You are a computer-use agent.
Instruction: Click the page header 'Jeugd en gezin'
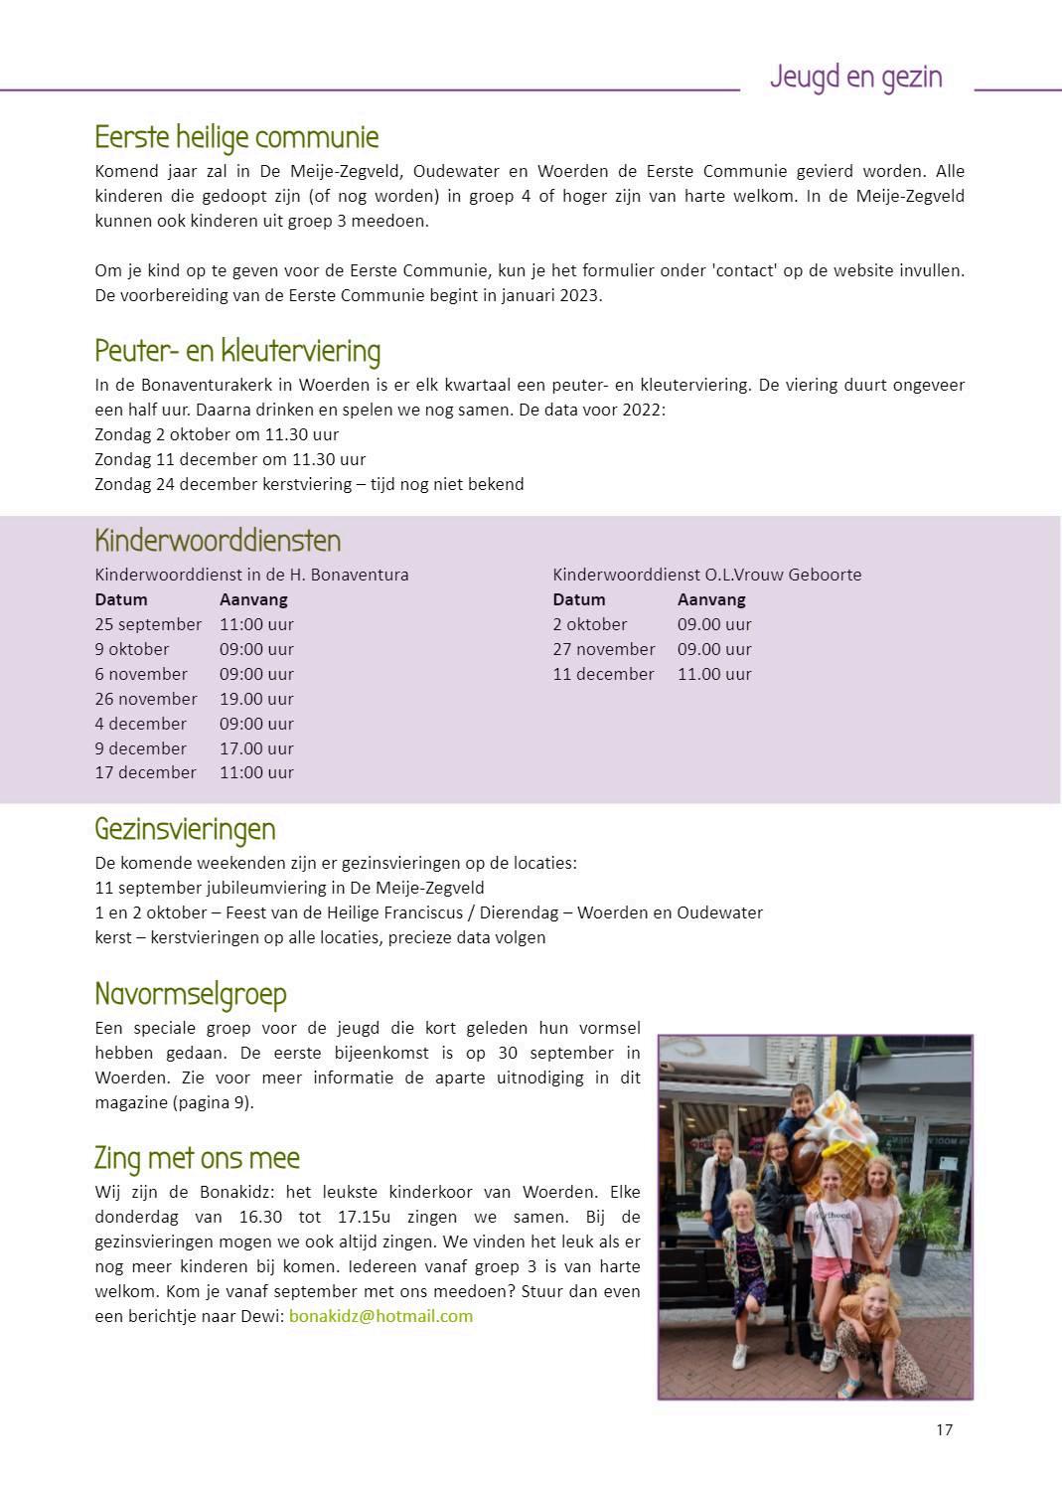pos(855,77)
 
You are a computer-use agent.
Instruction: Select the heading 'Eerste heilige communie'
pos(236,137)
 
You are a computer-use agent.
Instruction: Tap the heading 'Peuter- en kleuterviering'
pos(237,351)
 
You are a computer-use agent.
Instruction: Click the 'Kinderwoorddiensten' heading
pos(218,541)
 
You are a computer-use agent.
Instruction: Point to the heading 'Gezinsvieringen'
pos(185,829)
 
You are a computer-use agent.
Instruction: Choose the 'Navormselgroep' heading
pos(191,994)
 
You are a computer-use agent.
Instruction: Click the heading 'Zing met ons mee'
pos(197,1158)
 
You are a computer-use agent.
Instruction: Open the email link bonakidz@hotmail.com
pos(380,1316)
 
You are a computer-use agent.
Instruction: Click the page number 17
pos(944,1429)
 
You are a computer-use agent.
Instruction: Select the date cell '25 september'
pos(148,624)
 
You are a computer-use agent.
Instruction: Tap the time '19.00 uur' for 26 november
pos(256,699)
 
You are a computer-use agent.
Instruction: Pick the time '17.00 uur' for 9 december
pos(256,748)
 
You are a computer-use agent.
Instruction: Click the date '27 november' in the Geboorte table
pos(604,649)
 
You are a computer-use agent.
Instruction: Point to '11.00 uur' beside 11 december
pos(714,674)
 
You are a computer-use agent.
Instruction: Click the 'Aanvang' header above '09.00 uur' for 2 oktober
pos(711,599)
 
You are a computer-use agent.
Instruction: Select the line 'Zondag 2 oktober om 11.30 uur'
pos(217,434)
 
